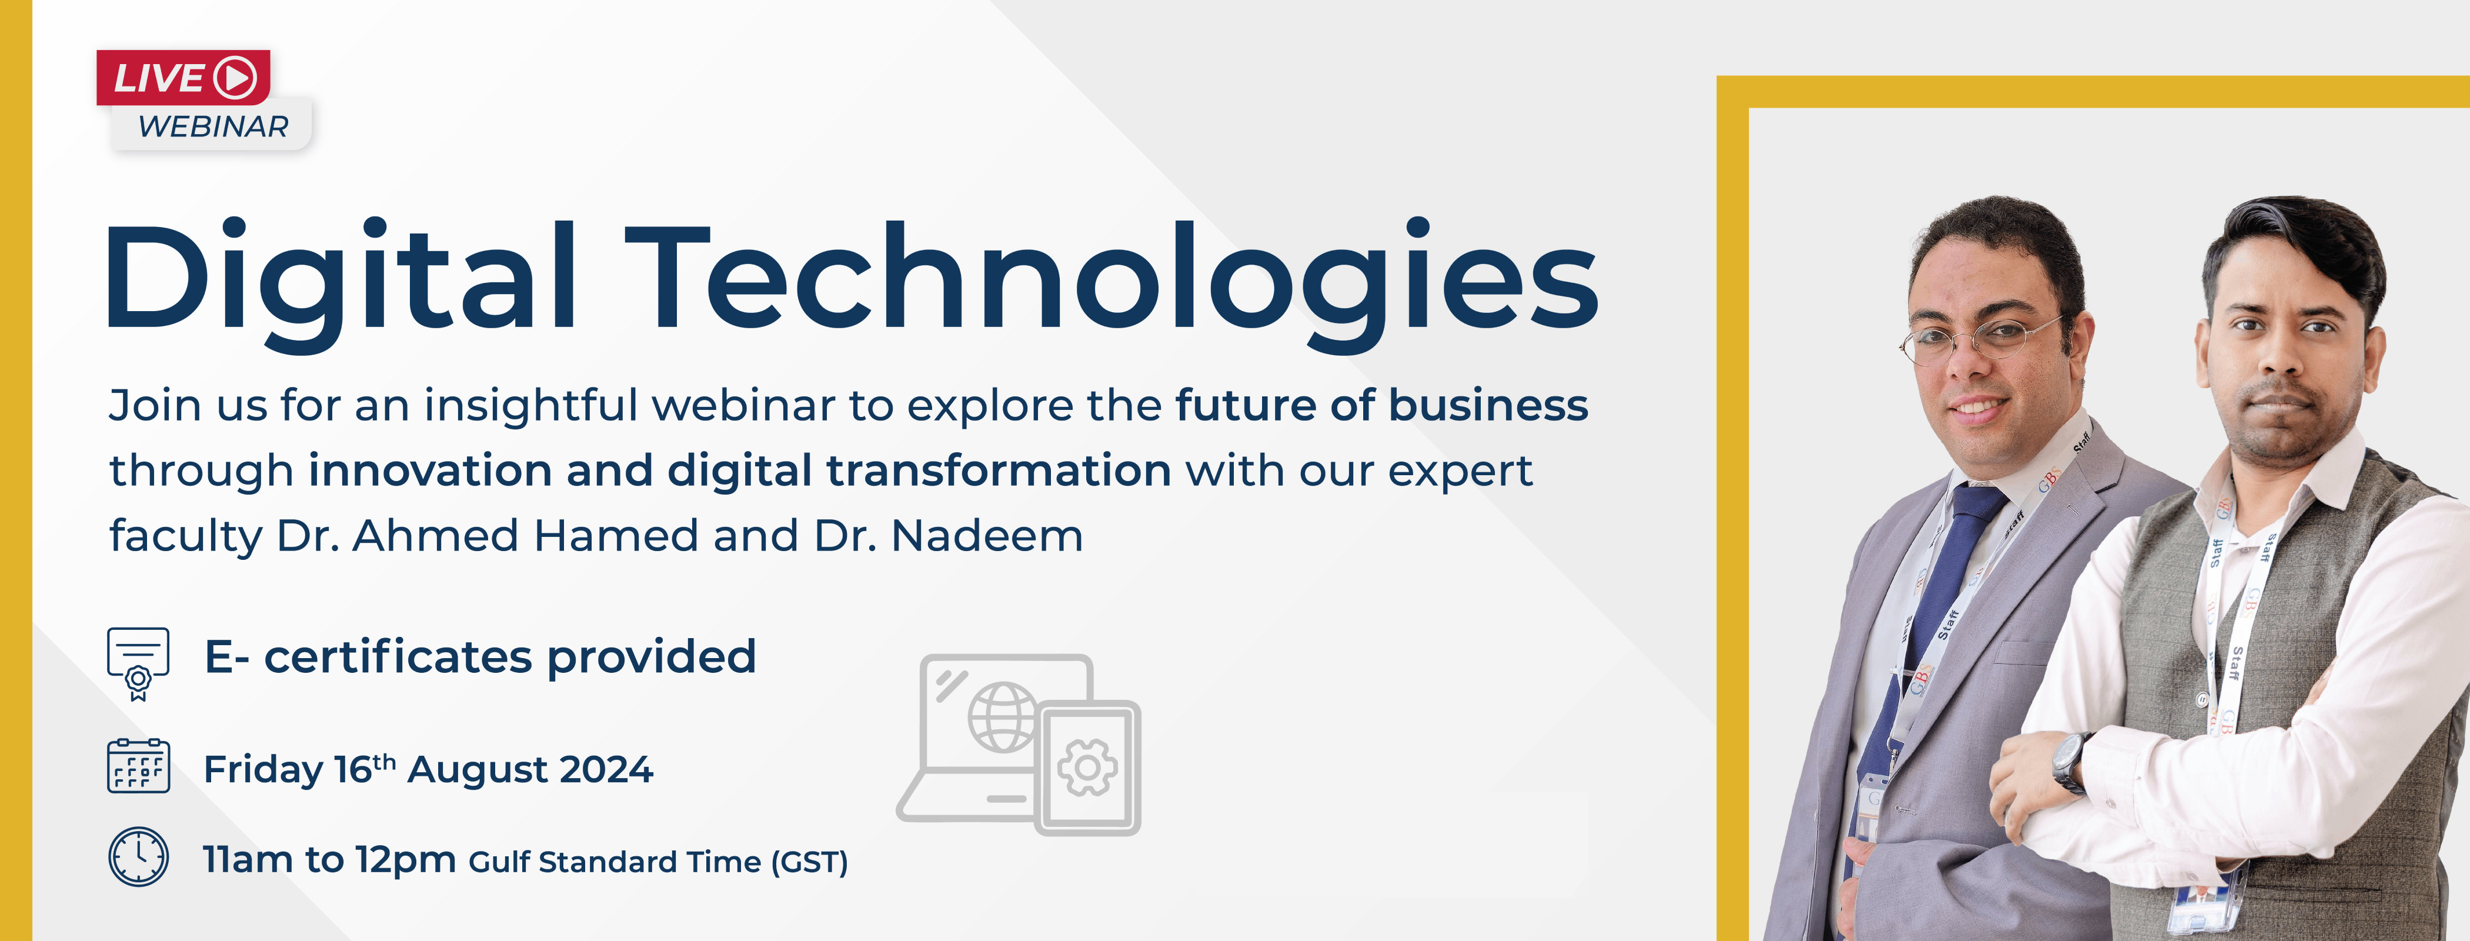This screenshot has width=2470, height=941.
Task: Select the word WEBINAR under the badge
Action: tap(213, 126)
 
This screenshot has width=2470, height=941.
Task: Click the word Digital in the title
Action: tap(341, 278)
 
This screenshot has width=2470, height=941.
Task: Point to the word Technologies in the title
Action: tap(1112, 278)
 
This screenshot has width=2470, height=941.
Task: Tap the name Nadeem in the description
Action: tap(987, 535)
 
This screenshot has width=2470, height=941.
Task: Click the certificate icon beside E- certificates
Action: tap(138, 662)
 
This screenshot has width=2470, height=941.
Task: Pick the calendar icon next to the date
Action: tap(138, 766)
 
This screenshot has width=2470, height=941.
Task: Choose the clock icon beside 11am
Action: tap(138, 856)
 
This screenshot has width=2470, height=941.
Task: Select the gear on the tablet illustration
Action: tap(1087, 768)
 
